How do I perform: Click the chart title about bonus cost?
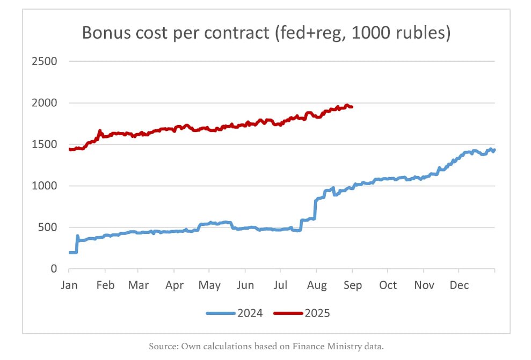pos(265,33)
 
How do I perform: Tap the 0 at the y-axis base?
pos(54,269)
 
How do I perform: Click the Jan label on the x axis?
pos(69,285)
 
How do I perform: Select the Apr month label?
pos(174,285)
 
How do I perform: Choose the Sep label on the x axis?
pos(352,285)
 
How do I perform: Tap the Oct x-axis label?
pos(388,285)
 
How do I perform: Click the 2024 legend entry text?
pos(250,313)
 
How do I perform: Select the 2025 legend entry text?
pos(317,313)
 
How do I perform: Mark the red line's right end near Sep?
pos(352,107)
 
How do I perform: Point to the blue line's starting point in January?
pos(70,252)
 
